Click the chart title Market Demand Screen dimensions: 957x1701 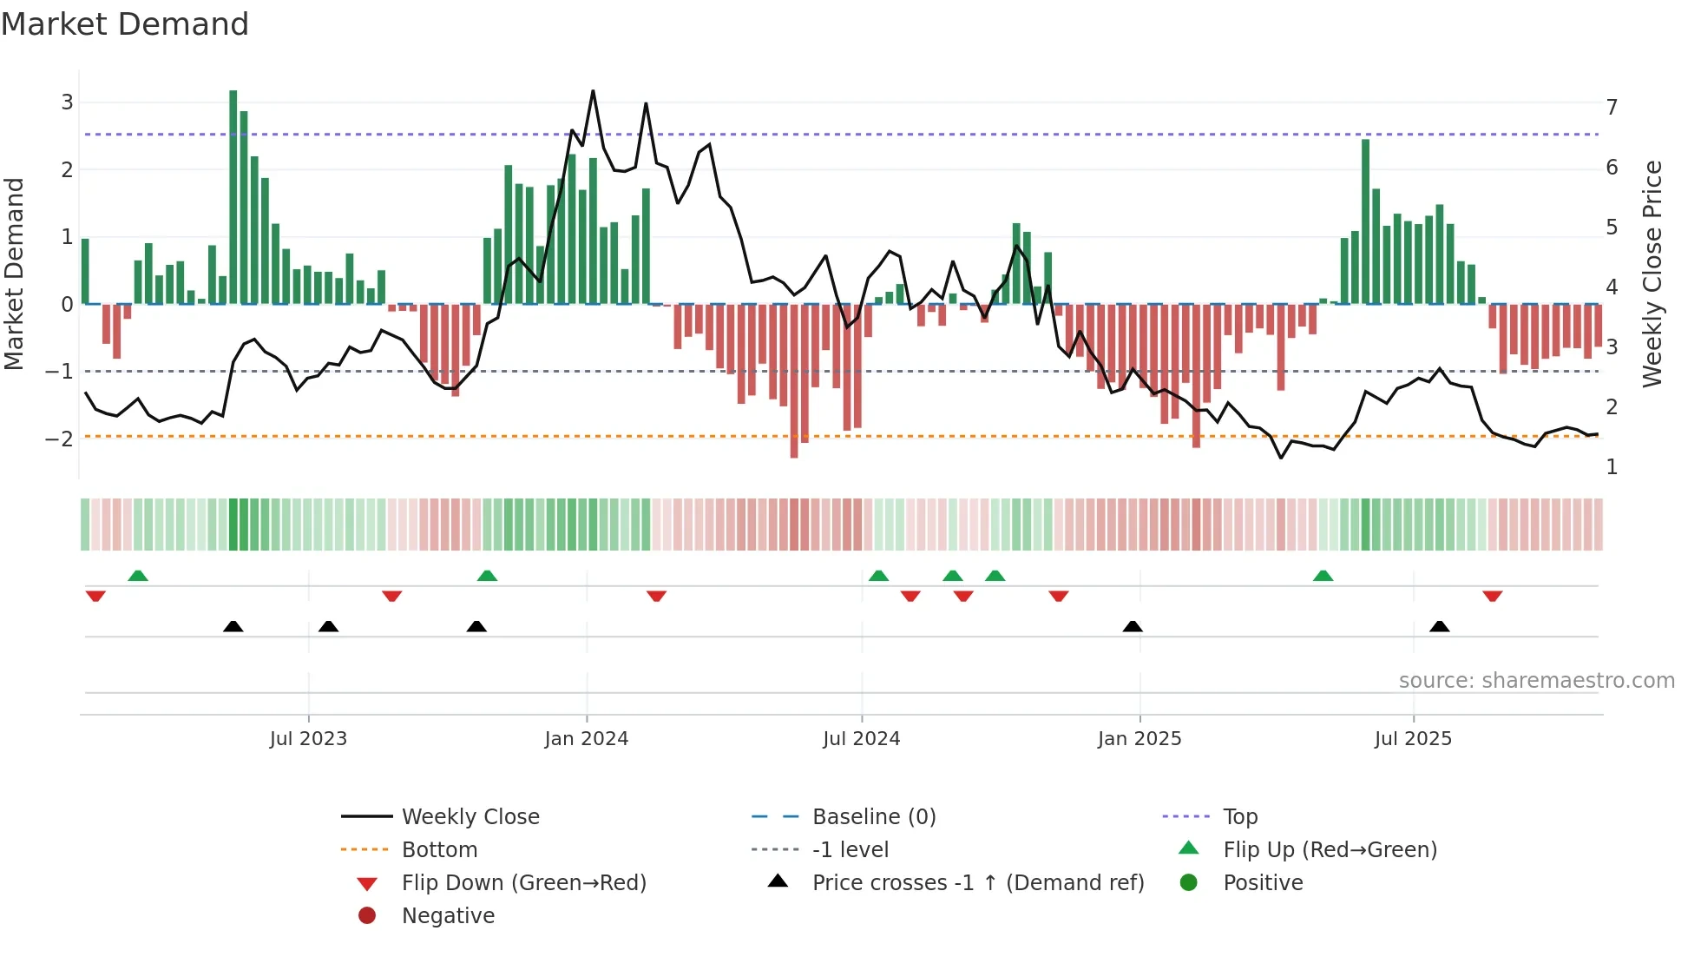pos(125,24)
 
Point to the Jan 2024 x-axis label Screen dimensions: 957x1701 pos(586,739)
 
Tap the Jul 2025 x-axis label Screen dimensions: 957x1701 pos(1413,739)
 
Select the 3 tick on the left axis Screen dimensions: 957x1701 pos(67,102)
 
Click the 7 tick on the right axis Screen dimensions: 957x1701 pos(1612,108)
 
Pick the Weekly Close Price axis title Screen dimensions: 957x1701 pos(1652,274)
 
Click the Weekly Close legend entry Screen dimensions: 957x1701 pos(470,817)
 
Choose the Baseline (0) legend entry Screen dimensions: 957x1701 pos(873,817)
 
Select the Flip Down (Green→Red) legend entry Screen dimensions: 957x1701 pos(523,883)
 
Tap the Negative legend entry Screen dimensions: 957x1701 pos(448,916)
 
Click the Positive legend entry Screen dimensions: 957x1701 pos(1263,883)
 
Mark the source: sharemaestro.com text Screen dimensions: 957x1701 pos(1536,681)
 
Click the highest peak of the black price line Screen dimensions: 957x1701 pos(593,91)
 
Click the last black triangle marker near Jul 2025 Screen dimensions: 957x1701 pos(1439,626)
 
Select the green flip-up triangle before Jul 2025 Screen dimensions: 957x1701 pos(1323,576)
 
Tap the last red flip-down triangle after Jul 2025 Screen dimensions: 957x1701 pos(1492,596)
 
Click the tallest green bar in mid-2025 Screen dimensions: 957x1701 pos(1365,221)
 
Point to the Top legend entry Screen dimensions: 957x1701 pos(1239,817)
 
